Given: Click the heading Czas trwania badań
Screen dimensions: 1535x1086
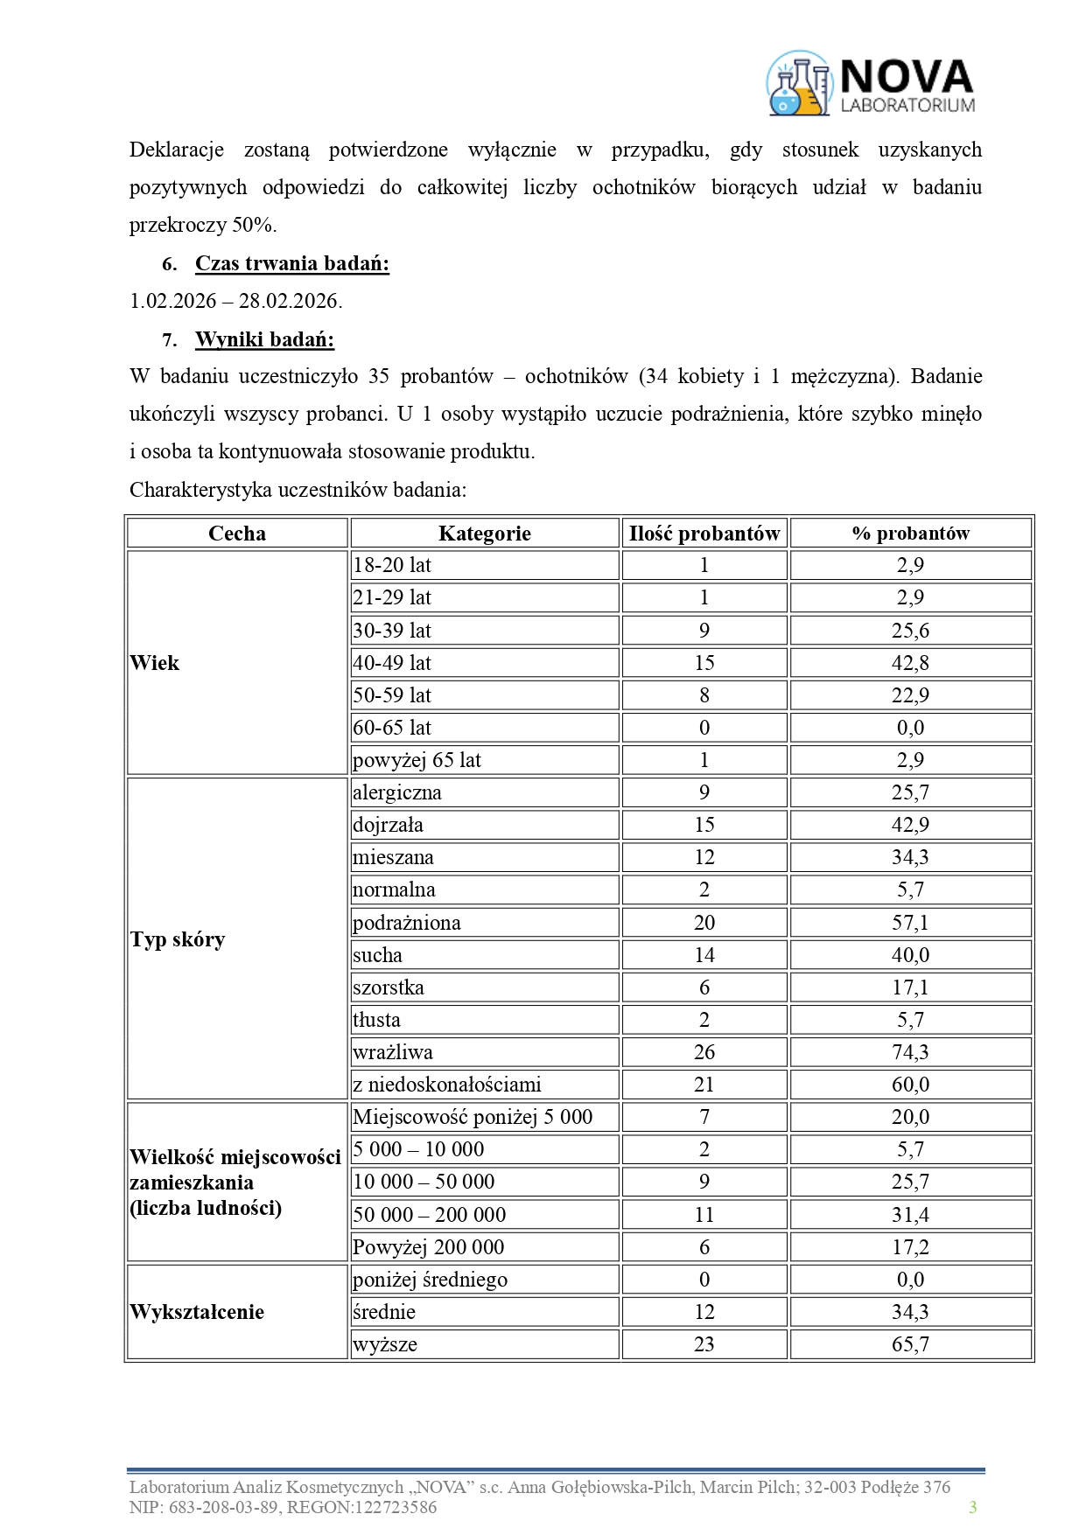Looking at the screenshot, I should pos(291,263).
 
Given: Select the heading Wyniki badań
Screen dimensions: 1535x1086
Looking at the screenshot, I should pos(264,339).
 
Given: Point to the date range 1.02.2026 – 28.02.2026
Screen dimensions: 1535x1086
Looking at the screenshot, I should pos(235,301).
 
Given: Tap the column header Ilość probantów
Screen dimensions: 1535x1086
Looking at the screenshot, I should pos(704,534).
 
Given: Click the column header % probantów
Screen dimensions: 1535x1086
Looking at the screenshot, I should pos(910,534).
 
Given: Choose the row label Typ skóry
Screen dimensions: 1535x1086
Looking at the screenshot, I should pos(178,939).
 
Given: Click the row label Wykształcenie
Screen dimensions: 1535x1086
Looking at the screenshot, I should pos(197,1312).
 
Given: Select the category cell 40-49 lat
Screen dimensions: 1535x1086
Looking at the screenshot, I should pos(392,663).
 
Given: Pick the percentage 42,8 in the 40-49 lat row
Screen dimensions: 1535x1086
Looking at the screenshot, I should pos(910,663).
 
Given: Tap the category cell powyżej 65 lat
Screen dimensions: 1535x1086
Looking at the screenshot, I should pos(417,760).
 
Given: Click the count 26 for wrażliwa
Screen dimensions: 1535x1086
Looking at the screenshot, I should pos(704,1052).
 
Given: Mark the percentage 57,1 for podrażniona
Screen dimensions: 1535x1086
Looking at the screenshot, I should pos(910,923).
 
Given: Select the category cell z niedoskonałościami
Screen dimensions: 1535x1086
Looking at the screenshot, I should pos(446,1085).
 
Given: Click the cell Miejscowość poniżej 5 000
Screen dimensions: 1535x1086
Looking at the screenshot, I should pos(473,1117).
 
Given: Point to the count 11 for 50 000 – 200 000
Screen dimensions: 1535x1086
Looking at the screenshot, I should pos(704,1215).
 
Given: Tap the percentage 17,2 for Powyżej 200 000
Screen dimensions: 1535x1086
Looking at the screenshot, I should pos(910,1247).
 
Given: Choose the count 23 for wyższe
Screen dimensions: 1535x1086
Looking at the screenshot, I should pos(704,1344).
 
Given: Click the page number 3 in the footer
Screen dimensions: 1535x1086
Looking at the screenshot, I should pos(972,1507).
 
